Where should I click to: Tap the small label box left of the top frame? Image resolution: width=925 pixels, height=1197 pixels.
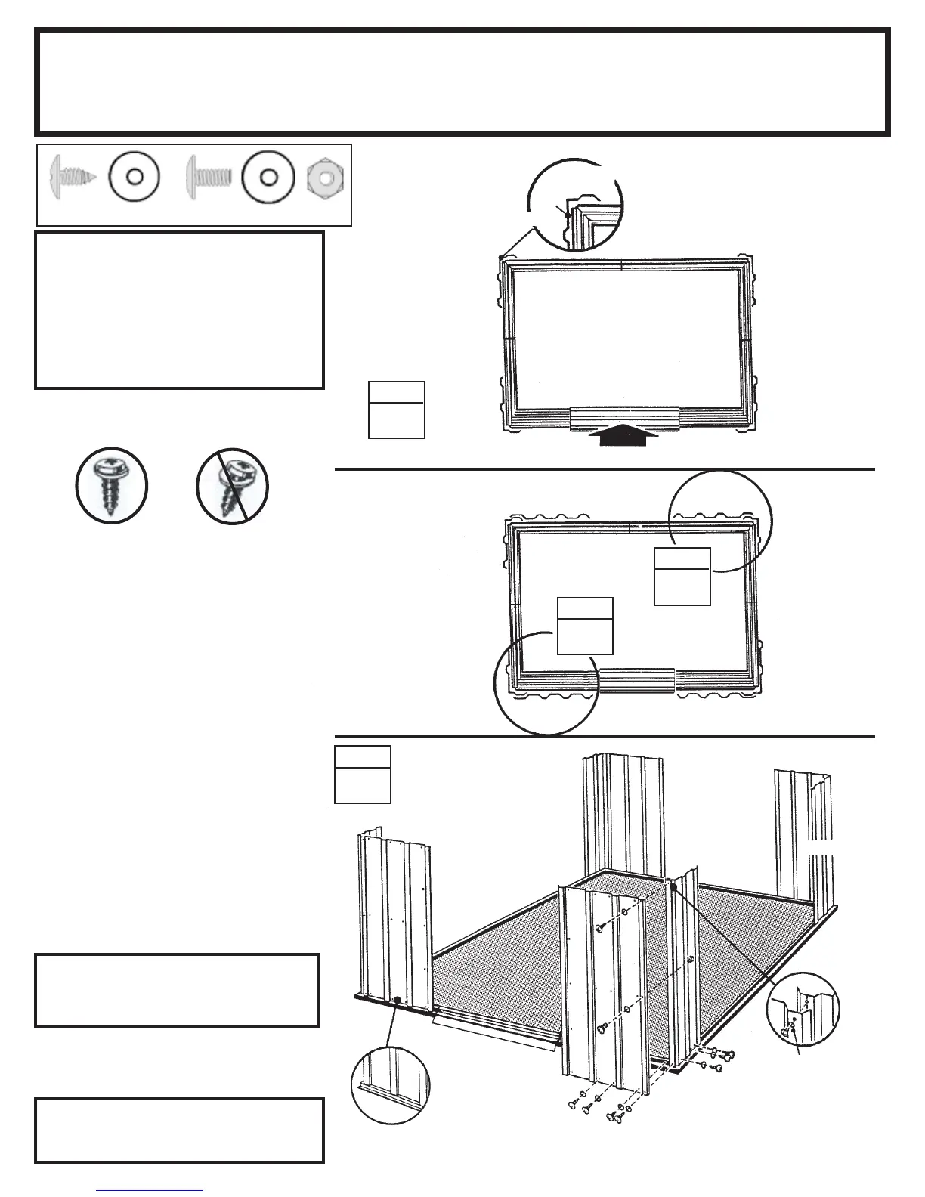(396, 410)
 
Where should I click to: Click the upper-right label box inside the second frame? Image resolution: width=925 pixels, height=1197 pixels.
(682, 576)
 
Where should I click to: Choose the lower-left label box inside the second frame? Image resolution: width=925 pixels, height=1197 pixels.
(584, 625)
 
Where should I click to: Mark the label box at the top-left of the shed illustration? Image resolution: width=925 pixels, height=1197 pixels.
(362, 774)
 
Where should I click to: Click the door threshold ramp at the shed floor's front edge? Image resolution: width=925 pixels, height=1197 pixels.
(495, 1032)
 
